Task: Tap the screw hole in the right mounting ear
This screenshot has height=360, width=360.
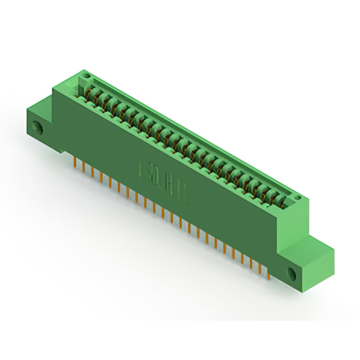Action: click(292, 274)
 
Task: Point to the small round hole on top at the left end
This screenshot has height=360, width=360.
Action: click(85, 75)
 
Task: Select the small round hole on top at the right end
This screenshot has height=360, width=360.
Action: click(298, 200)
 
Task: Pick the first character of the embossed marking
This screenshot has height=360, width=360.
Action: click(141, 168)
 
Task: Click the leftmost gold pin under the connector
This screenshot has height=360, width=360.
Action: click(75, 163)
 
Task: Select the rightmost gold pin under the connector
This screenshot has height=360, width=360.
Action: click(269, 274)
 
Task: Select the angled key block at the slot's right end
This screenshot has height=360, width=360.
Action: click(290, 198)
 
